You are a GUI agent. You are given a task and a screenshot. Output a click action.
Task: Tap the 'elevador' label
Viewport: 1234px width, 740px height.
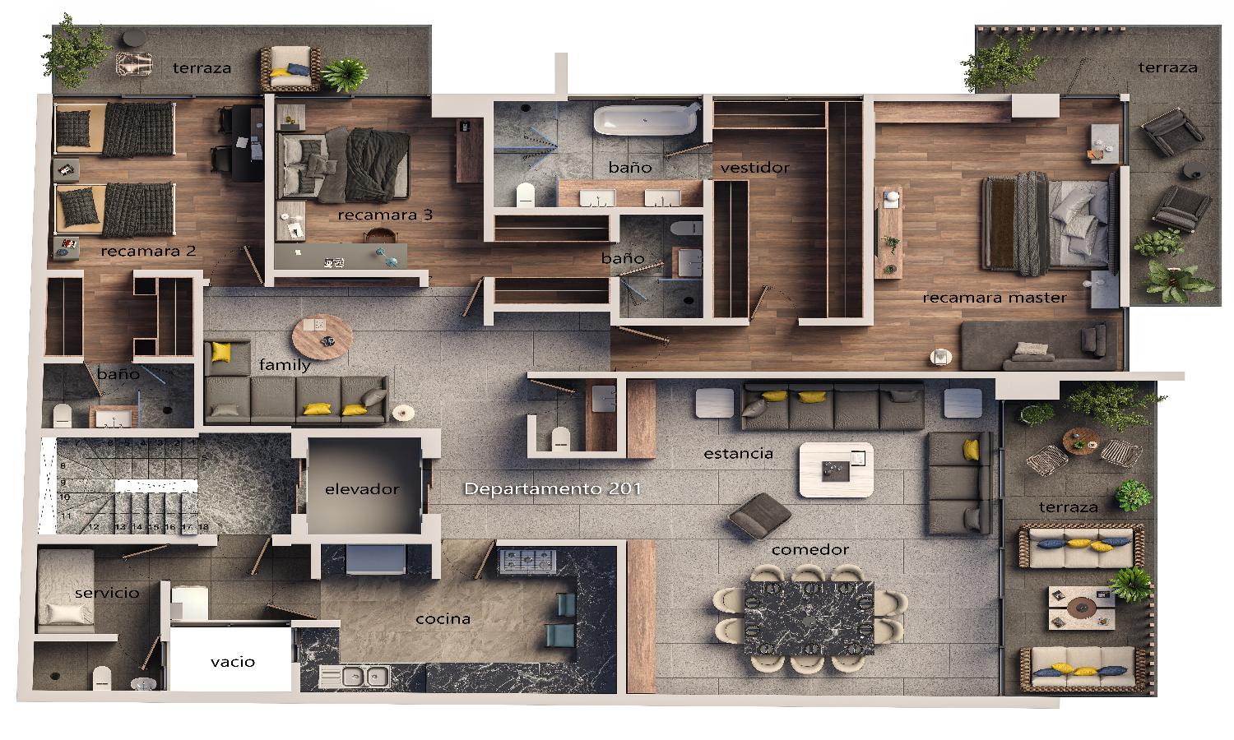point(362,489)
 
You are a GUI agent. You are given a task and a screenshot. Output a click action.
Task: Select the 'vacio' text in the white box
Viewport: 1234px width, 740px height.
point(233,661)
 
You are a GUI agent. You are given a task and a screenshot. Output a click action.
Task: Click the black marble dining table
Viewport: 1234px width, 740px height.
point(809,617)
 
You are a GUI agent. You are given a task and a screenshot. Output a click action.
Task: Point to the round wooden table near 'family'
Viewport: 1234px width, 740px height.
point(322,336)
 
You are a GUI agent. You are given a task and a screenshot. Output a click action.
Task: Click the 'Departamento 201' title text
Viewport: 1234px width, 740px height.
point(553,488)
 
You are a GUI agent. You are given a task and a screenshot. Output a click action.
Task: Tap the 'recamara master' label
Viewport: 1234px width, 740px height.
point(995,298)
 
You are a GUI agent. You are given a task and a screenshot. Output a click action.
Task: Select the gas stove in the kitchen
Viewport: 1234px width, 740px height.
point(527,561)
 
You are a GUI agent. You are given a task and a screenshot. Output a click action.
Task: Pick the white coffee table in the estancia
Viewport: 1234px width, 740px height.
point(837,469)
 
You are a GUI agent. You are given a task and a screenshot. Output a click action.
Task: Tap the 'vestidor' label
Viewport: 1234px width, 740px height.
point(754,168)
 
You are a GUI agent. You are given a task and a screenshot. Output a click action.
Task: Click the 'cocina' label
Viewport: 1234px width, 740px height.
point(443,619)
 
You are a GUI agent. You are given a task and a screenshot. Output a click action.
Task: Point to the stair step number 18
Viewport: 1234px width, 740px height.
point(203,526)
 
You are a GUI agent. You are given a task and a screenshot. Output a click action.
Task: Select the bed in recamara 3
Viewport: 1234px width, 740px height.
point(343,164)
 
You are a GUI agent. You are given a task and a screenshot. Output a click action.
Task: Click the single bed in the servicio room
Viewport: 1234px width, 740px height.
point(65,591)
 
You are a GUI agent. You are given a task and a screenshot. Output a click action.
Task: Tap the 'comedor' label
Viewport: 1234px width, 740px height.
point(810,549)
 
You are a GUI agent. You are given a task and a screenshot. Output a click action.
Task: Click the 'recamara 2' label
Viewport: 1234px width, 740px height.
point(148,251)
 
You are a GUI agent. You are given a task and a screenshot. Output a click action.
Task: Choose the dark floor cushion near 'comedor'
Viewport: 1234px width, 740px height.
point(759,515)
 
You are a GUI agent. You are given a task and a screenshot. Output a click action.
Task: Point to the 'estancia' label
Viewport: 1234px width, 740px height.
point(738,454)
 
